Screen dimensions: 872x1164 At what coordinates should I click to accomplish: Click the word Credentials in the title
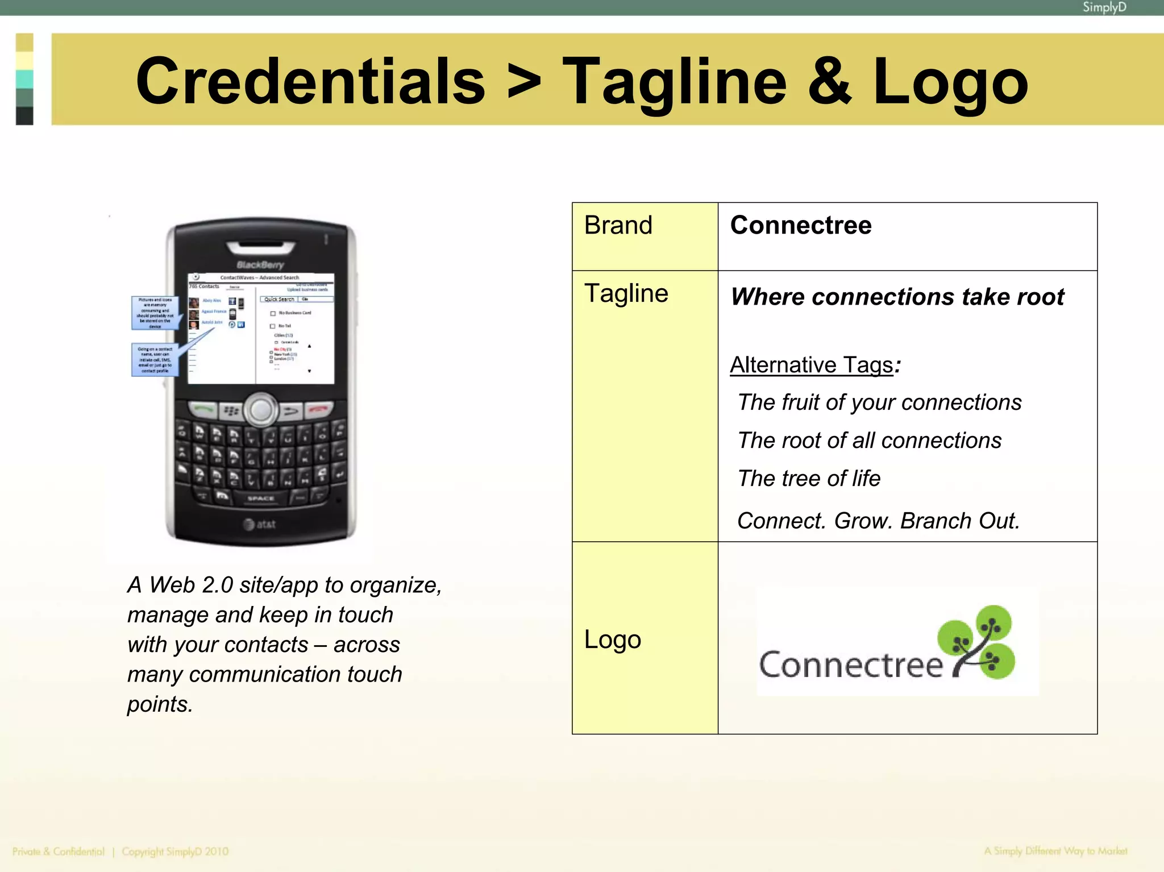pyautogui.click(x=310, y=81)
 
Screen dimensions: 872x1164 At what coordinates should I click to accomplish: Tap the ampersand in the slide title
pyautogui.click(x=829, y=81)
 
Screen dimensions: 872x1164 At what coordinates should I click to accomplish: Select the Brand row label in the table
pyautogui.click(x=618, y=225)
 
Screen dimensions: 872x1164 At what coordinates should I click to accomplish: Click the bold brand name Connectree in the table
pyautogui.click(x=800, y=225)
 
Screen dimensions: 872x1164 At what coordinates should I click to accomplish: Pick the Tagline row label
pyautogui.click(x=626, y=293)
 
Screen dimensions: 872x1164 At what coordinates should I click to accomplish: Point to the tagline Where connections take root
pyautogui.click(x=897, y=297)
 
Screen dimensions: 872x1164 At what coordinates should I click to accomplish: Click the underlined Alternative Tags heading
pyautogui.click(x=812, y=364)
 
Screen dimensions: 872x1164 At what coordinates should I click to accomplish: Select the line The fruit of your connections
pyautogui.click(x=879, y=402)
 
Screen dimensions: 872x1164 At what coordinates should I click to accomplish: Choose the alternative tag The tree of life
pyautogui.click(x=808, y=478)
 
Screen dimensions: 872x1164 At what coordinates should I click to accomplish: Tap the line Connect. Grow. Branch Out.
pyautogui.click(x=878, y=521)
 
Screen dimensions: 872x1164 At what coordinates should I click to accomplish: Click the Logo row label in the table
pyautogui.click(x=612, y=640)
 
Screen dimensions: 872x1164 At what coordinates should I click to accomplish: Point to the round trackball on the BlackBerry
pyautogui.click(x=261, y=410)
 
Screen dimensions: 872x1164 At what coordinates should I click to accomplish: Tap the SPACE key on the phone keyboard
pyautogui.click(x=261, y=499)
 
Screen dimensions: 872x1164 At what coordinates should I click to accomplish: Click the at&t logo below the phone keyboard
pyautogui.click(x=260, y=524)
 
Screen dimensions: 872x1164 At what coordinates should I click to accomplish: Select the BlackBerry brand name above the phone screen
pyautogui.click(x=260, y=265)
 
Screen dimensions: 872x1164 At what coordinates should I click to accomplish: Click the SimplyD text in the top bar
pyautogui.click(x=1104, y=7)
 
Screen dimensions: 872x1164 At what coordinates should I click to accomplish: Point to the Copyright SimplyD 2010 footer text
pyautogui.click(x=175, y=852)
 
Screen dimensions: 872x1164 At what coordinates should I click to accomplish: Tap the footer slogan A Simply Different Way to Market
pyautogui.click(x=1055, y=851)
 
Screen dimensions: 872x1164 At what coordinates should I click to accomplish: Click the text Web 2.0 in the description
pyautogui.click(x=191, y=585)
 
